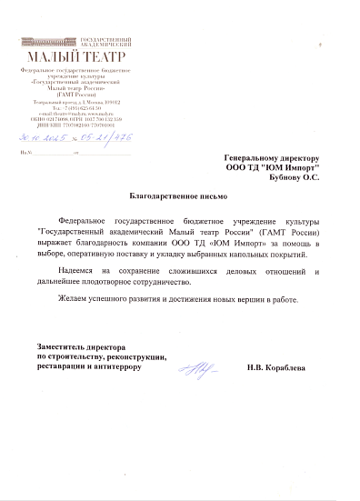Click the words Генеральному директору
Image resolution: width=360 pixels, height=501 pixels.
[271, 158]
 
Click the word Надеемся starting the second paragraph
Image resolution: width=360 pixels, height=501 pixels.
[74, 272]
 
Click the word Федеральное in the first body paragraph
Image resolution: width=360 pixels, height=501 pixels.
[83, 221]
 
